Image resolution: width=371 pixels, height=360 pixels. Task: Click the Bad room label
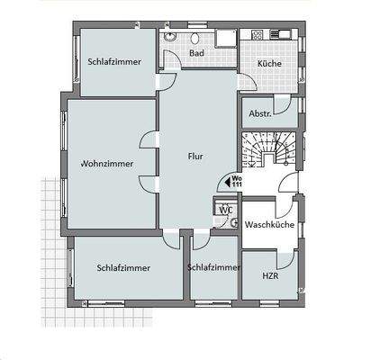(196, 53)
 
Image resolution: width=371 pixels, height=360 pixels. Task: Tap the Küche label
(268, 64)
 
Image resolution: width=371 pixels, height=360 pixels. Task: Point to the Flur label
(195, 156)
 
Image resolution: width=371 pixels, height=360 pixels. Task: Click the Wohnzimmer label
(107, 164)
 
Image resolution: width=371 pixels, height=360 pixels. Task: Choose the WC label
(226, 210)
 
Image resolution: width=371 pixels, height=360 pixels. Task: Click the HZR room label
(270, 276)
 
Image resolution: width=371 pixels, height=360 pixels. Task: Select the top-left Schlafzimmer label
(114, 62)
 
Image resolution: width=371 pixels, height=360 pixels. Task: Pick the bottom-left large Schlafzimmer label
(124, 267)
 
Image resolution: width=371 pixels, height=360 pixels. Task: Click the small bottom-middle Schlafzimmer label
(213, 267)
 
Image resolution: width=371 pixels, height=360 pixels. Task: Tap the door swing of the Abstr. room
(285, 109)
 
